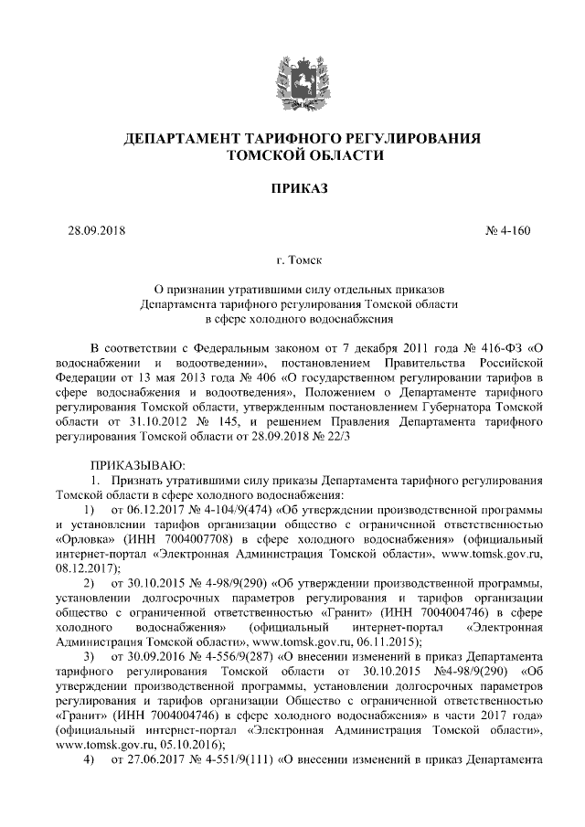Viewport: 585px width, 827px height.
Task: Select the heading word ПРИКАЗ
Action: point(292,189)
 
